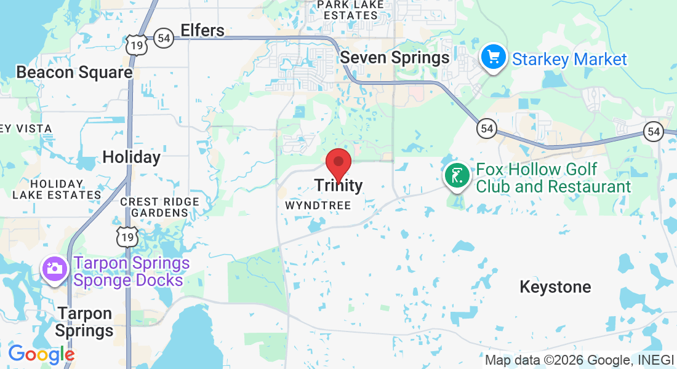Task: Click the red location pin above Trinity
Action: (338, 164)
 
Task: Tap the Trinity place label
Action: (338, 185)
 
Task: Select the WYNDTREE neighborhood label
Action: (318, 205)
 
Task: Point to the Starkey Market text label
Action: (569, 60)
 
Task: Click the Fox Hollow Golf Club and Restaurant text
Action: (553, 178)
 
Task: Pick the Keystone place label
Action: (555, 287)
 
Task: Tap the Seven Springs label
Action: (395, 58)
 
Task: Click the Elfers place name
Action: (202, 30)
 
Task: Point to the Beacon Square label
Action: (74, 73)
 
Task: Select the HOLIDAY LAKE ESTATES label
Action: (57, 189)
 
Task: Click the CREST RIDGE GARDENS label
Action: (160, 207)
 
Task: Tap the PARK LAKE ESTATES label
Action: (351, 9)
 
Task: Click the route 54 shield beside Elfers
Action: (163, 38)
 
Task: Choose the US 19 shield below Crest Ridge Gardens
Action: (129, 236)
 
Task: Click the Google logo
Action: (41, 354)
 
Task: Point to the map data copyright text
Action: (579, 360)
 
